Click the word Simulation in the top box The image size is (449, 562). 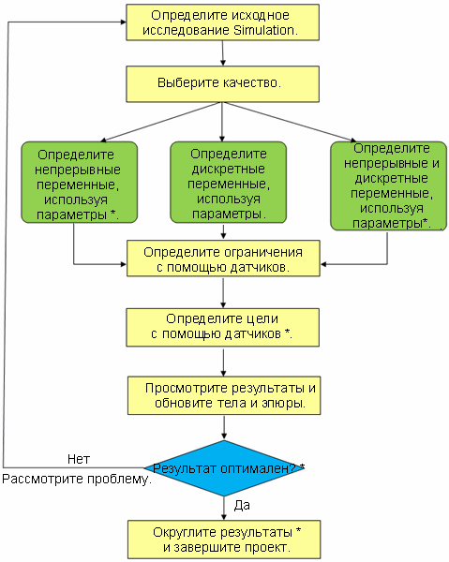[263, 30]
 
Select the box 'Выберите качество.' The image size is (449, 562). [222, 84]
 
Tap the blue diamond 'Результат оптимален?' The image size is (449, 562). [224, 468]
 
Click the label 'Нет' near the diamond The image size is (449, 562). [79, 459]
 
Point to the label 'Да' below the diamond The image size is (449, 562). [242, 506]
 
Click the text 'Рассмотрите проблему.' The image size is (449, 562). [77, 480]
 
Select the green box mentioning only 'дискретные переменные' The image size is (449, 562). [228, 182]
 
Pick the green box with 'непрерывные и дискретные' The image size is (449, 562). [388, 185]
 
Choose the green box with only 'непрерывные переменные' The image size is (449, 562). [80, 182]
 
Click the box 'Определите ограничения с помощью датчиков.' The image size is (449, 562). [223, 259]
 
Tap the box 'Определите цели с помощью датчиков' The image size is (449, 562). [222, 328]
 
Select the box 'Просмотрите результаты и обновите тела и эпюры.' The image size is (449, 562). [224, 395]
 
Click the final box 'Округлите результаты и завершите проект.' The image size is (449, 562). [224, 540]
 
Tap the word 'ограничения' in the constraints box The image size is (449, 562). [264, 252]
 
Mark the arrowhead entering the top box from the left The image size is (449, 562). [123, 22]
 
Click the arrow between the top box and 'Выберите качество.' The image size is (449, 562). [223, 53]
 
